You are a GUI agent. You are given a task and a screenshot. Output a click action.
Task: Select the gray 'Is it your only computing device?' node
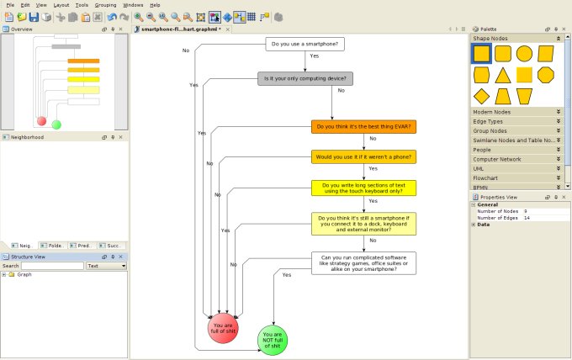305,78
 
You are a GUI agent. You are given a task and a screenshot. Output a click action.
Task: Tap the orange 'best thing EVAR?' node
363,127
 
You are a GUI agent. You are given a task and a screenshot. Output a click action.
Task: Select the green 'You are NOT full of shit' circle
273,340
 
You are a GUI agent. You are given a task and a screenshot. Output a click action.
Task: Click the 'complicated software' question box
363,263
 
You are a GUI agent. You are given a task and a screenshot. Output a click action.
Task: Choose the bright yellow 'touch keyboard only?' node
363,188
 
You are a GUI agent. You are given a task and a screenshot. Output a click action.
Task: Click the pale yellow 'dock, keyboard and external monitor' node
363,224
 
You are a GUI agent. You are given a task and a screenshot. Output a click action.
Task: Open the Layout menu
61,5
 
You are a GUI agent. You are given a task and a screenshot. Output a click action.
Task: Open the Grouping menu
106,5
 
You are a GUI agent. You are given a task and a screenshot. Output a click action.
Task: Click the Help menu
155,5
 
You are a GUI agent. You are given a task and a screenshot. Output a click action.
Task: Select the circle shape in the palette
524,54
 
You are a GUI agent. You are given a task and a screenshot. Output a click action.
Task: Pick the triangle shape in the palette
502,75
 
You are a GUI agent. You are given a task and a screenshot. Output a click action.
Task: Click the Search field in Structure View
52,266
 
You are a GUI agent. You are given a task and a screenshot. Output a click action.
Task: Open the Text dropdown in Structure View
107,266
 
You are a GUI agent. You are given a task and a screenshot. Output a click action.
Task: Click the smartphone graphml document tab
181,29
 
